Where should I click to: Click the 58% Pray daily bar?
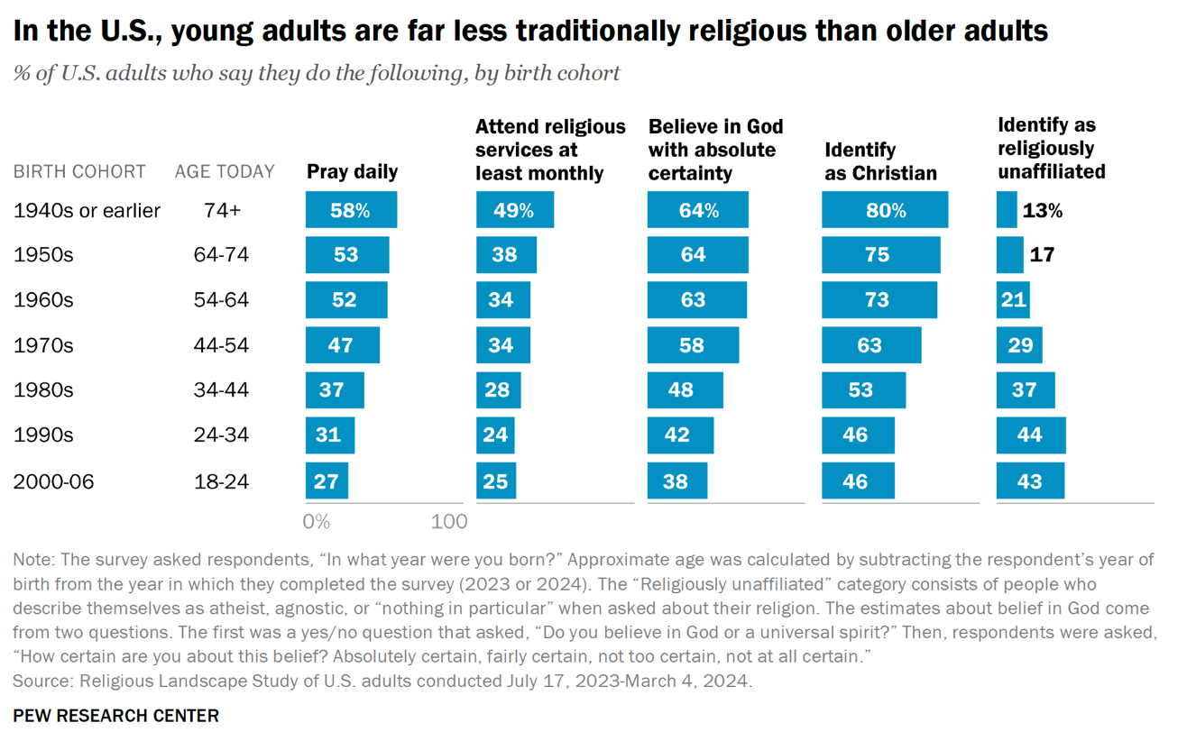(351, 210)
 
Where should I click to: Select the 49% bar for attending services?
(514, 210)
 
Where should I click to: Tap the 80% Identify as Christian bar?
(884, 210)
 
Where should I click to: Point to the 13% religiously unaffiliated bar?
(1007, 210)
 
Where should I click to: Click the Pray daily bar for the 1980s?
(335, 390)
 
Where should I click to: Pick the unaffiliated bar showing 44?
(1030, 435)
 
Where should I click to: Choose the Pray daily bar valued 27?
(327, 480)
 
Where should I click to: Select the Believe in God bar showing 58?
(693, 345)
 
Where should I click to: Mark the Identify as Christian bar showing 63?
(871, 345)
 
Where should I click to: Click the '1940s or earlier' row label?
(87, 210)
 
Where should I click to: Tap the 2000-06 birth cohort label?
(53, 481)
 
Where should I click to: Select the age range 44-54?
(221, 345)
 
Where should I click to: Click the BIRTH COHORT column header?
(79, 171)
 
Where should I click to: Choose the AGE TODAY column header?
(225, 171)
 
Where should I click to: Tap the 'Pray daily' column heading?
(352, 171)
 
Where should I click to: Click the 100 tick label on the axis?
(449, 521)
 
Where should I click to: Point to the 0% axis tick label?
(317, 521)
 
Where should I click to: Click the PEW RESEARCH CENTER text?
(115, 716)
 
